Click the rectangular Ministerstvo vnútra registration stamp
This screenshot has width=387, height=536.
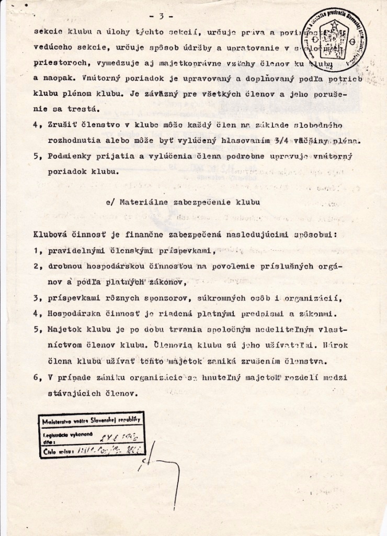92,434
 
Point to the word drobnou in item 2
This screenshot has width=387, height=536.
66,266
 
